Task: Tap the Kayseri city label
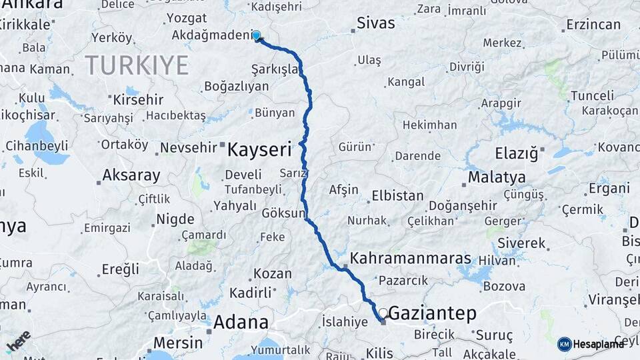(x=260, y=149)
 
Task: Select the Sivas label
(x=376, y=23)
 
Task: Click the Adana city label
(x=241, y=323)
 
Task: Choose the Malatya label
(x=497, y=177)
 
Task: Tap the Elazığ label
(x=517, y=153)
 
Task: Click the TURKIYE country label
(x=137, y=65)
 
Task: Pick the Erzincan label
(x=593, y=25)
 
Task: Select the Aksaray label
(x=131, y=176)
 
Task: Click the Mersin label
(x=177, y=343)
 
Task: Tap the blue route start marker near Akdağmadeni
(x=256, y=35)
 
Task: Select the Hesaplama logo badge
(x=591, y=344)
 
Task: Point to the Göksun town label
(x=283, y=214)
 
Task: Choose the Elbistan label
(x=397, y=196)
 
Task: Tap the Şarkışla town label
(x=274, y=69)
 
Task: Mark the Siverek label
(x=521, y=243)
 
